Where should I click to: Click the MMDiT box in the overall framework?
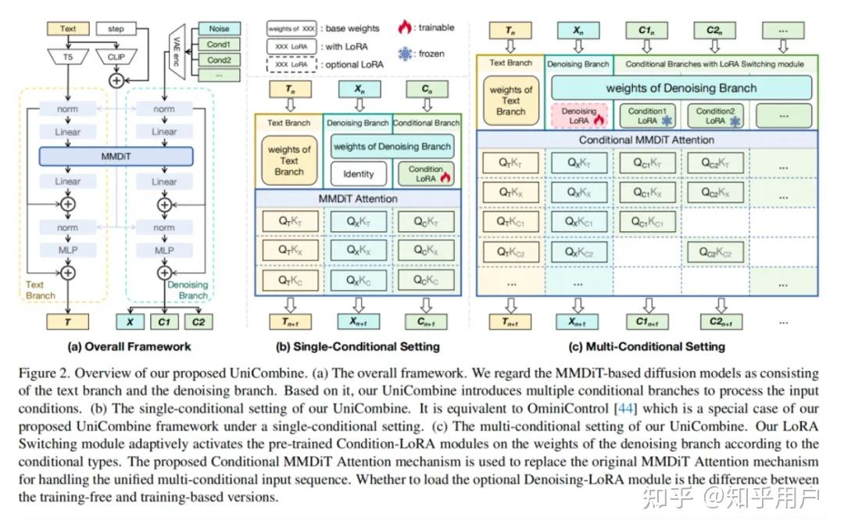(116, 157)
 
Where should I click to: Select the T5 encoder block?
(68, 56)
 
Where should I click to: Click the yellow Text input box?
(68, 29)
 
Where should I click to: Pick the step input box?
(116, 29)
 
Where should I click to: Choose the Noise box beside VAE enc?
(219, 30)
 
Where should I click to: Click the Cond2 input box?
(219, 60)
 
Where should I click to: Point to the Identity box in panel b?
(359, 173)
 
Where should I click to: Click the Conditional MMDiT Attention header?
(646, 140)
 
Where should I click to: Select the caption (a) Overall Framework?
(129, 346)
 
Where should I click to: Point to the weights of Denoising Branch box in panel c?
(681, 87)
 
